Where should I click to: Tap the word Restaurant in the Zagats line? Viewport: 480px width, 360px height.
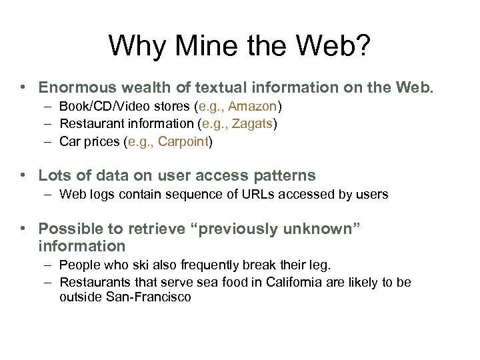pyautogui.click(x=88, y=123)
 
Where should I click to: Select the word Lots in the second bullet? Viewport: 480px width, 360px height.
pyautogui.click(x=53, y=175)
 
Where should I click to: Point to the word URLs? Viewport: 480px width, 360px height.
pyautogui.click(x=247, y=194)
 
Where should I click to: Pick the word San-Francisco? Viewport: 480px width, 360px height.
pyautogui.click(x=148, y=297)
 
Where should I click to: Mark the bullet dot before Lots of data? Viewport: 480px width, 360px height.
pyautogui.click(x=23, y=176)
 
